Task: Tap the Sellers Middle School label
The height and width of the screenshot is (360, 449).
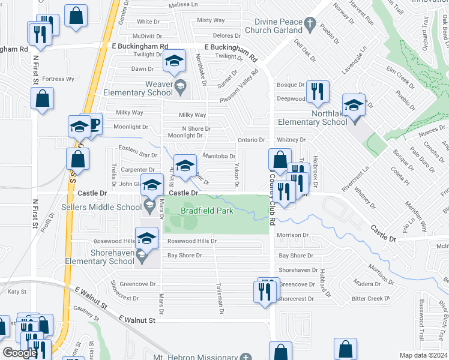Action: pos(101,207)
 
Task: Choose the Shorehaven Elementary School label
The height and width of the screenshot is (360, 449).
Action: pos(112,257)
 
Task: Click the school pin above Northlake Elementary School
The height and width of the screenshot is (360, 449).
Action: pos(354,106)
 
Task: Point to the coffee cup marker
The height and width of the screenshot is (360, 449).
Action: pos(94,124)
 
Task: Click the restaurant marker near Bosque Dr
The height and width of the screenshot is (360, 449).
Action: pos(317,91)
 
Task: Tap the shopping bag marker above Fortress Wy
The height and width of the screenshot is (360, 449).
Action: pos(43,100)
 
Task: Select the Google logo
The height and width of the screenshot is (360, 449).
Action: pos(20,353)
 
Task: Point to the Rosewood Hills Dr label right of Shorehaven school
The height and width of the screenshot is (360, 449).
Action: pos(191,241)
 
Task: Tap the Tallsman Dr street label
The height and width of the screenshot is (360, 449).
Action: pos(220,298)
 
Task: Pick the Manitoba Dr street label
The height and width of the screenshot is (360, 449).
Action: pos(218,156)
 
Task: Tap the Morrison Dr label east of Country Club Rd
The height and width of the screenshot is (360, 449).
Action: pos(293,235)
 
